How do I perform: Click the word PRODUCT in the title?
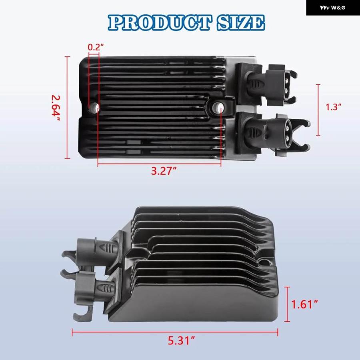pos(159,23)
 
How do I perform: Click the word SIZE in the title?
pos(241,23)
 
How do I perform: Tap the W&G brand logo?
pos(333,8)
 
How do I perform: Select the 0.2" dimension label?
pos(96,47)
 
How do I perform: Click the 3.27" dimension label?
pos(164,171)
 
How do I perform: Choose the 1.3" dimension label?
pos(333,107)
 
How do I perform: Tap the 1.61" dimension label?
pos(305,304)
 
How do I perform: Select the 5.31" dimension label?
pos(181,341)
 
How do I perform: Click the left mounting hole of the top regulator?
pos(94,107)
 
